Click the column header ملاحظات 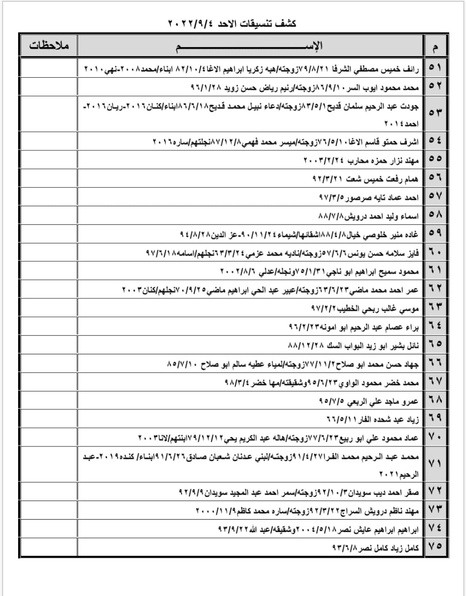(x=48, y=46)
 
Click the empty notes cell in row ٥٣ (x=48, y=114)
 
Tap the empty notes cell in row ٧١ (x=48, y=464)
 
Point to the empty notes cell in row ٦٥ (x=48, y=345)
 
